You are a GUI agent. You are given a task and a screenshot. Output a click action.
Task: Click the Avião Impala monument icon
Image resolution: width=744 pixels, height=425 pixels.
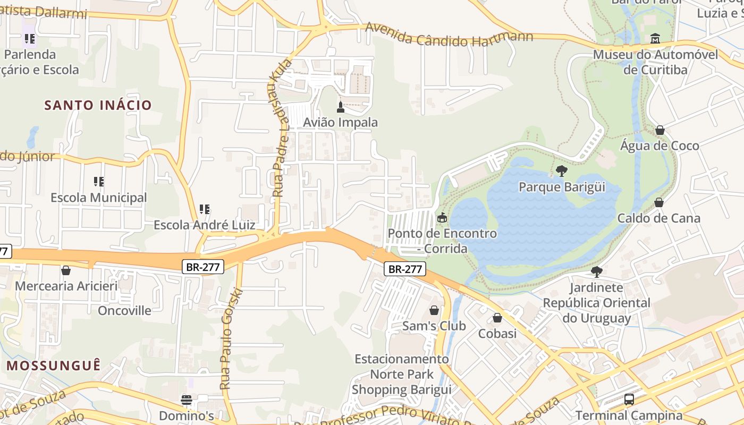(x=341, y=107)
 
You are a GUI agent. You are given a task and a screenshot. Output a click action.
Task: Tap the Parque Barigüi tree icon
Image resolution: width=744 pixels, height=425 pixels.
(x=561, y=171)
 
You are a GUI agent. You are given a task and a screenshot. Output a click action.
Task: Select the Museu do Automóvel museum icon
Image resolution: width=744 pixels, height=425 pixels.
(x=655, y=39)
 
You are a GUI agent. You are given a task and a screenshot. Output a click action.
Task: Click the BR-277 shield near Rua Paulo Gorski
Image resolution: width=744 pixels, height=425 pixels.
(x=202, y=267)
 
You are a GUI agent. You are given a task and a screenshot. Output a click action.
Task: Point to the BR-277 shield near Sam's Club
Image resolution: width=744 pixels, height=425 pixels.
(x=405, y=269)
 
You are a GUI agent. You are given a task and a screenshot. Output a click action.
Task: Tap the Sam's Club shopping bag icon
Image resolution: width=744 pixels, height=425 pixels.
(x=434, y=310)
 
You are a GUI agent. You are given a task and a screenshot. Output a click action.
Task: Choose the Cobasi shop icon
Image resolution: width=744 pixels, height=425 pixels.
(x=497, y=318)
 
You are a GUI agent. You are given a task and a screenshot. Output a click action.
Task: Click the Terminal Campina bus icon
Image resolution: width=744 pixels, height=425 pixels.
(x=629, y=399)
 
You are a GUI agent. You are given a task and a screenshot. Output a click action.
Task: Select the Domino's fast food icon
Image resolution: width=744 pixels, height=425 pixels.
(x=186, y=399)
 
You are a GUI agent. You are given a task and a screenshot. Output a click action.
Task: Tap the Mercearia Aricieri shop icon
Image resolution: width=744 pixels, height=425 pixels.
(x=66, y=270)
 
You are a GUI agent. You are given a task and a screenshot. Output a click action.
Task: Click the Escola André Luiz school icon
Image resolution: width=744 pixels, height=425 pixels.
(x=204, y=209)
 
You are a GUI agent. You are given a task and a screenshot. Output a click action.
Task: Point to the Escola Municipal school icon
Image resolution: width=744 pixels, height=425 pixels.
(x=98, y=182)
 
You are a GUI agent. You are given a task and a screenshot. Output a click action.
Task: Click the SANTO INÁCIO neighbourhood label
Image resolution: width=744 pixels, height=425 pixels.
(x=98, y=105)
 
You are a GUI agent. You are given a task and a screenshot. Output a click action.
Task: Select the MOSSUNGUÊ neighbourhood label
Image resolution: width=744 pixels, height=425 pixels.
(x=53, y=365)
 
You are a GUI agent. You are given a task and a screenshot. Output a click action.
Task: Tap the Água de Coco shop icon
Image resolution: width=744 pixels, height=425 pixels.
(x=660, y=130)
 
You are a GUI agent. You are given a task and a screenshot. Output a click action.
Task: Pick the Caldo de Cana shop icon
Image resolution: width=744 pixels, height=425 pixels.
(x=658, y=202)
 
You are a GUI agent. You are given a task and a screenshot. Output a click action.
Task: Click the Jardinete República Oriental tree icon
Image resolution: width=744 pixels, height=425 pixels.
(x=596, y=272)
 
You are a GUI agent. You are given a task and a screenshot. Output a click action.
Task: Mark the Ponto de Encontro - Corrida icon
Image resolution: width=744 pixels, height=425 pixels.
(x=442, y=218)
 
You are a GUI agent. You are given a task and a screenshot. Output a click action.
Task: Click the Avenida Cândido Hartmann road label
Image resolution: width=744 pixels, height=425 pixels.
(x=449, y=36)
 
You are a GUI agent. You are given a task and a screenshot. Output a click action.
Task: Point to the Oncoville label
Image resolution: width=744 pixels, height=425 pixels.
(x=124, y=310)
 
